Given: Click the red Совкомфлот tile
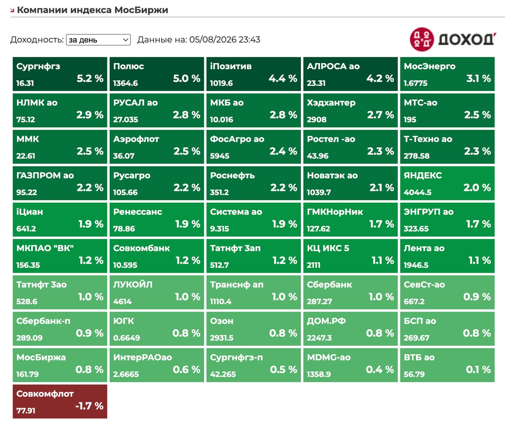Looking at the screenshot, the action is tap(60, 401).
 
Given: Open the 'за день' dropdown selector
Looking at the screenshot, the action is tap(99, 40).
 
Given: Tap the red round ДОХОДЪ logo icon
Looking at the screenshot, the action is tap(422, 39).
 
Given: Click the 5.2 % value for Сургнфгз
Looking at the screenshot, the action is tap(90, 78).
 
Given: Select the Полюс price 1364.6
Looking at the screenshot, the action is tap(125, 83).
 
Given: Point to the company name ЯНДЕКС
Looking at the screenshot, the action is tap(423, 175).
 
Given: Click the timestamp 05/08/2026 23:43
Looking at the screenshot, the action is tap(225, 40).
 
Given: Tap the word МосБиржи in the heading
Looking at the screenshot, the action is tap(141, 10).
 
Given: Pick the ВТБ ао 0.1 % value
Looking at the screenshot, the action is tap(479, 369).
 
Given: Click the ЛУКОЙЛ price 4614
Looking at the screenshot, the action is tap(122, 302).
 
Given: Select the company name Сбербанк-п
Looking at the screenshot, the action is tap(43, 321).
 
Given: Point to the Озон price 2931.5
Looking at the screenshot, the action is tap(222, 338).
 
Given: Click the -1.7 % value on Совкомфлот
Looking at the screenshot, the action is tap(90, 406).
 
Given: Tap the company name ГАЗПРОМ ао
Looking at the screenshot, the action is tap(45, 175).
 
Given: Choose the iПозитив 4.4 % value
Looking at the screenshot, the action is tap(283, 78).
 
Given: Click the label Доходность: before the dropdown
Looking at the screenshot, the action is tap(37, 40).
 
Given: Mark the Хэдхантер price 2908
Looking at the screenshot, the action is tap(316, 119).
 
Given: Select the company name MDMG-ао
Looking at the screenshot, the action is tap(329, 357).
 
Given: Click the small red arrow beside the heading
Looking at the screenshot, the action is tap(12, 10).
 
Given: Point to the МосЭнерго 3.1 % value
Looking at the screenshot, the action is tap(479, 78).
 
